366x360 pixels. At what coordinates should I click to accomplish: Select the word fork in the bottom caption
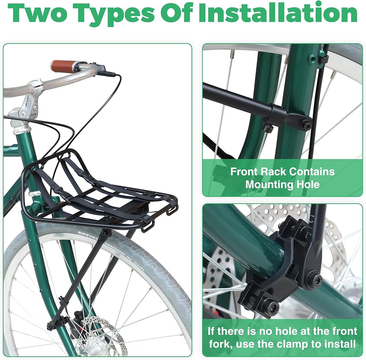tap(220, 344)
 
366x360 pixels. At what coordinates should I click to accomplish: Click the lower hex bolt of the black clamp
tap(273, 306)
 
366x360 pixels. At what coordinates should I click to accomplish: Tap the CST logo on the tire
tap(82, 233)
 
